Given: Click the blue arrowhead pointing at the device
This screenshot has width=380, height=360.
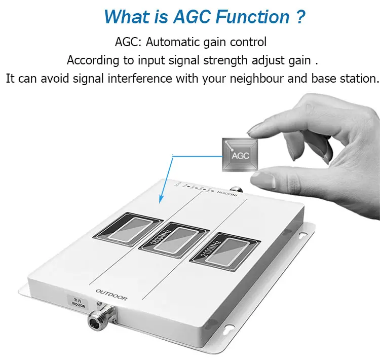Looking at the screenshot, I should point(162,200).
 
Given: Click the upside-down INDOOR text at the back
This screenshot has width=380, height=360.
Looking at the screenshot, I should point(226,193).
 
